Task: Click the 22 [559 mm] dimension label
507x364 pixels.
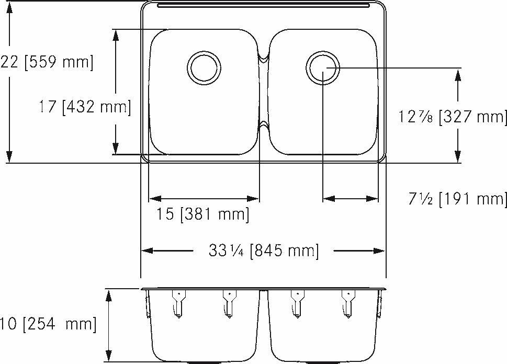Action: tap(47, 63)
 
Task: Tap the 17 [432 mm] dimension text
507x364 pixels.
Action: tap(84, 107)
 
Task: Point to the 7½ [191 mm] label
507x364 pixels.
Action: tap(457, 199)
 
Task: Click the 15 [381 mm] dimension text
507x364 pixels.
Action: tap(202, 214)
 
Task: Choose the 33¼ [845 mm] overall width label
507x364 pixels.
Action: tap(263, 251)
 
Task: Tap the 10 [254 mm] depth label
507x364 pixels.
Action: tap(48, 324)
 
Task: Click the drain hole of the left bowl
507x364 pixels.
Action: tap(204, 67)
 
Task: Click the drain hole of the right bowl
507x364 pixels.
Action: tap(322, 67)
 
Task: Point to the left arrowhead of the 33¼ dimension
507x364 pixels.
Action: tap(148, 251)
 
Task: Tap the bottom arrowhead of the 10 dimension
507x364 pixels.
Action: tap(109, 356)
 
